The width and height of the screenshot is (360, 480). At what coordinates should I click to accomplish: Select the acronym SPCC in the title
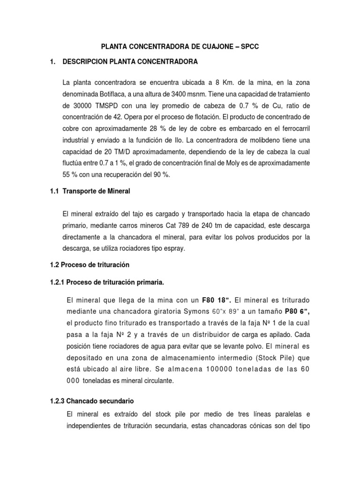(247, 47)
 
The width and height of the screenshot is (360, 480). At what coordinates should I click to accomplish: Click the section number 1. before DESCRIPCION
(52, 61)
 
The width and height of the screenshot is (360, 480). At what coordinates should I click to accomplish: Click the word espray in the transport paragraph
(174, 249)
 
